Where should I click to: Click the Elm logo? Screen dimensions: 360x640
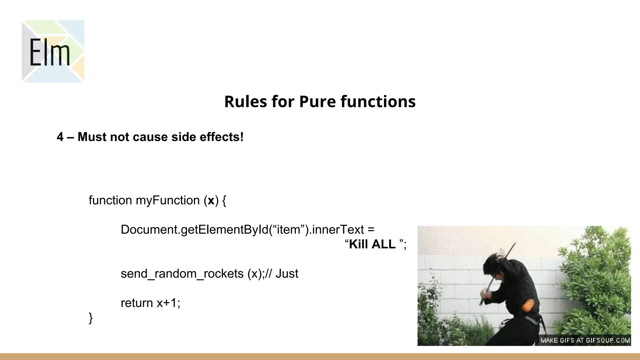53,51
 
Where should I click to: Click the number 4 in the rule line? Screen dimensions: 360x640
60,137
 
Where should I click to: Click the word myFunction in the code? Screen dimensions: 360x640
167,200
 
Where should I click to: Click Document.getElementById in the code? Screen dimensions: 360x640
194,230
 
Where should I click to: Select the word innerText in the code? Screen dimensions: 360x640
338,230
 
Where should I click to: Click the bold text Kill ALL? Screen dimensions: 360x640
372,244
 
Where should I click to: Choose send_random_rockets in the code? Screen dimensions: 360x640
182,274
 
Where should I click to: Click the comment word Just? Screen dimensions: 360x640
287,274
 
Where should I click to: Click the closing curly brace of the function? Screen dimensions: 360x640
91,318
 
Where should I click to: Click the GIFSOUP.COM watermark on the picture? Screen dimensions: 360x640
607,340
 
